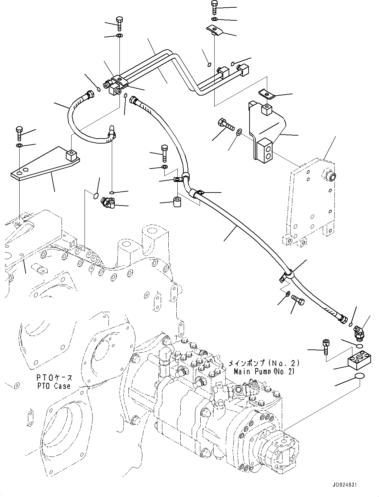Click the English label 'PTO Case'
pos(54,386)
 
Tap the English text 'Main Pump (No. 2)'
pos(264,371)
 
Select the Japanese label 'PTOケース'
pos(54,378)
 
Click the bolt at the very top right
pos(214,8)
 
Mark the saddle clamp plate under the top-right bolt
pos(215,30)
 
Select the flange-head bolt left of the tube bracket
pos(225,125)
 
